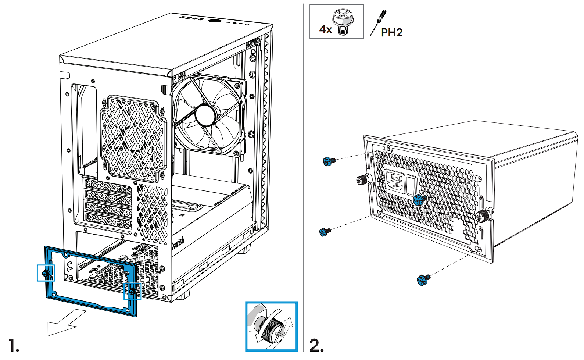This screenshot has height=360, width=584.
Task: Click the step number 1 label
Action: point(14,346)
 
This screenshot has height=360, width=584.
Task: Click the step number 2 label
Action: point(316,346)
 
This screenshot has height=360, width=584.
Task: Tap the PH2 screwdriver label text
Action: point(392,33)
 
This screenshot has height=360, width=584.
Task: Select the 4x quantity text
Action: point(326,29)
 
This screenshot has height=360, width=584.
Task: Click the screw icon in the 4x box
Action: point(343,22)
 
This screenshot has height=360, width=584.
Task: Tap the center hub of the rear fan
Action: point(205,115)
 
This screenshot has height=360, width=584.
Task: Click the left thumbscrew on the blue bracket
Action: point(46,273)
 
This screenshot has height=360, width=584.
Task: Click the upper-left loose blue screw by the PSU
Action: point(328,161)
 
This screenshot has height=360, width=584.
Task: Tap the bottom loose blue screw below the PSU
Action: point(423,280)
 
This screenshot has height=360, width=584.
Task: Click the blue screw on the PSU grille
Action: point(419,200)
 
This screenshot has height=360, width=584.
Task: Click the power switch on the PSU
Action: point(411,186)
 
